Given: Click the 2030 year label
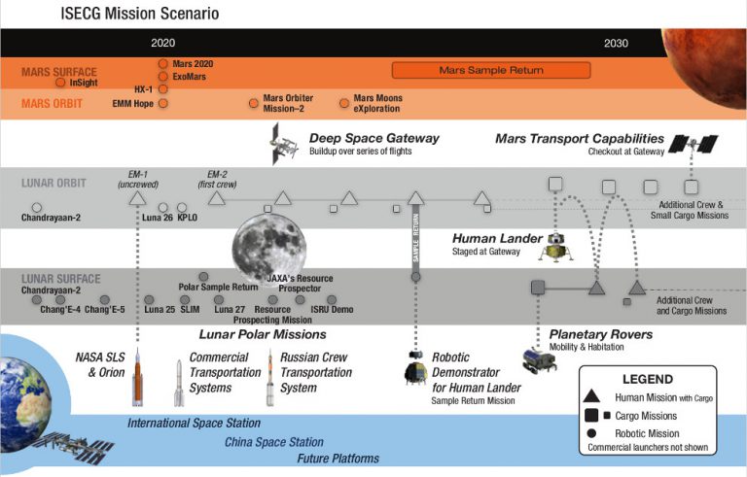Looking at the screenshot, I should click(616, 43).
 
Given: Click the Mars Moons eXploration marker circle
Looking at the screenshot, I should click(343, 102).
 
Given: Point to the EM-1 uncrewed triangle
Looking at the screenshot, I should click(138, 198).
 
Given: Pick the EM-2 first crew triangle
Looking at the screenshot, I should click(217, 198).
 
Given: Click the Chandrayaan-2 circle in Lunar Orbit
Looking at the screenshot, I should click(36, 207).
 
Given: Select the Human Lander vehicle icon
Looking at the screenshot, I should click(555, 249).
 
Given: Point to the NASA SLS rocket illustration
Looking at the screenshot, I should click(138, 373).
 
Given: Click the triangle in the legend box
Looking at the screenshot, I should click(594, 395).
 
